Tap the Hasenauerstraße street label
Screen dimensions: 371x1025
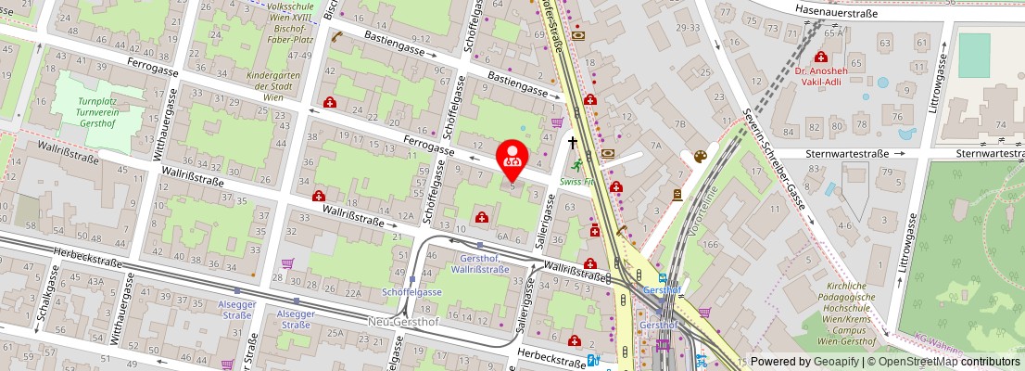tap(837, 8)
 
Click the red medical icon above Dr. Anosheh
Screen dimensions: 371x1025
tap(820, 57)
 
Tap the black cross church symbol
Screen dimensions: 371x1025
tap(573, 143)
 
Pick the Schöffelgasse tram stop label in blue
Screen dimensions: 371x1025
tap(411, 291)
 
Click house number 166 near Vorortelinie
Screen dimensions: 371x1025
tap(711, 244)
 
